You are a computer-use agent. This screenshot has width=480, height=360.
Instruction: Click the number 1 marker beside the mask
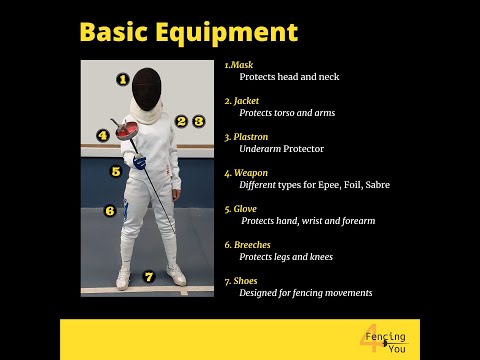[123, 79]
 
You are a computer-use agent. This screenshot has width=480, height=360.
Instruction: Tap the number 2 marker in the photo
[181, 121]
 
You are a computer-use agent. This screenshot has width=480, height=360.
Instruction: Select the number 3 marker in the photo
[199, 121]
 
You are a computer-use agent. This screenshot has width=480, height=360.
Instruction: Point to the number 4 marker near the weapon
[103, 135]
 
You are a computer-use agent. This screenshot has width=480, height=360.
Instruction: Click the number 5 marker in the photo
[116, 171]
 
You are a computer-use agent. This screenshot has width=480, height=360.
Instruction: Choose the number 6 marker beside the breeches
[110, 211]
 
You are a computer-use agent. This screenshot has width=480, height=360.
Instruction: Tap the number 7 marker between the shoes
[149, 277]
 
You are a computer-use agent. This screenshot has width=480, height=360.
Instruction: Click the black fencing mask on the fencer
[147, 89]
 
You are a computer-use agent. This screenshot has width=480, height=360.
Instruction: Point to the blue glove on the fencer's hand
[140, 162]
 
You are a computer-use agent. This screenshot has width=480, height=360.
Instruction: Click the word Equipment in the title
[227, 33]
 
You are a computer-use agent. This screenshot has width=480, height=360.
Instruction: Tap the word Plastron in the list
[251, 137]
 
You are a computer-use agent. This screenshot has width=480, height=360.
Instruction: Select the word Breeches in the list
[252, 245]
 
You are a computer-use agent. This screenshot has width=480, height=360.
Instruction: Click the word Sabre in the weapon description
[377, 185]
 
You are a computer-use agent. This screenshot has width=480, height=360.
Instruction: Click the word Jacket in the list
[246, 101]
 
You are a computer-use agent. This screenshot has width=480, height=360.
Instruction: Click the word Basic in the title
[113, 32]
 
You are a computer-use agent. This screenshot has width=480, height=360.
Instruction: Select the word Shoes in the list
[245, 281]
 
